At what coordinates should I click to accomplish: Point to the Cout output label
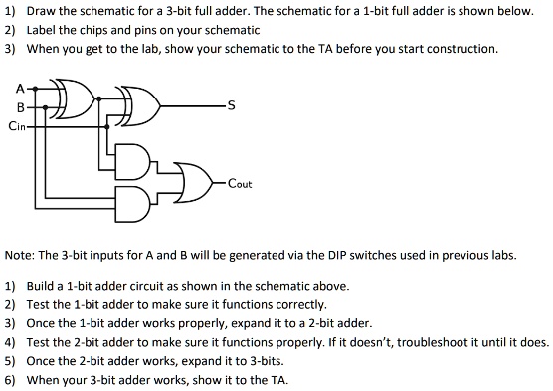click(x=240, y=184)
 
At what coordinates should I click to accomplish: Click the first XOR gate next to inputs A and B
click(x=78, y=99)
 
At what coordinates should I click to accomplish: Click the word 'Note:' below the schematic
click(x=21, y=255)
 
